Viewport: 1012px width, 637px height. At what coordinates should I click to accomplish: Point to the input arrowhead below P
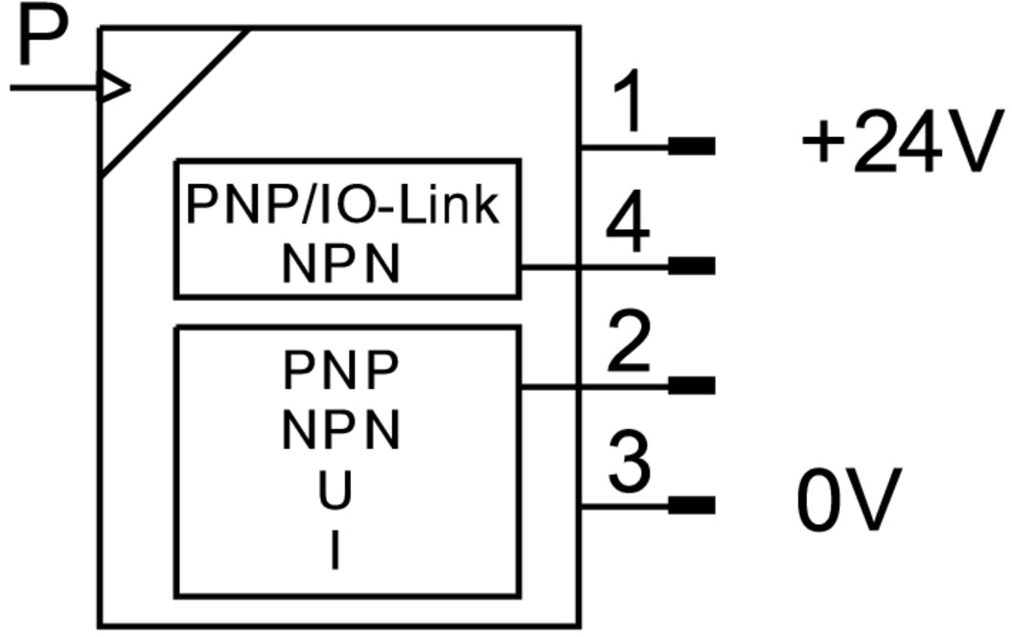pyautogui.click(x=114, y=88)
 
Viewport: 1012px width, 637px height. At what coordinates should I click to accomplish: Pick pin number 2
pyautogui.click(x=629, y=344)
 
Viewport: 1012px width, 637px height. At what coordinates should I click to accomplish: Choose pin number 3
pyautogui.click(x=629, y=463)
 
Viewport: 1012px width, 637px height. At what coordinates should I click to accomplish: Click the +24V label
pyautogui.click(x=896, y=146)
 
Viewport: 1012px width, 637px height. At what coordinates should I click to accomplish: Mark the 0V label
pyautogui.click(x=849, y=500)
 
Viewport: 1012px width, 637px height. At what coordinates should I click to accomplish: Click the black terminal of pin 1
pyautogui.click(x=691, y=146)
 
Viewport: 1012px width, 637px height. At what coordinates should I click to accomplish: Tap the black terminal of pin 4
pyautogui.click(x=691, y=265)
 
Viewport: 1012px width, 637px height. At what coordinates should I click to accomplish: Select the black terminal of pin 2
pyautogui.click(x=691, y=385)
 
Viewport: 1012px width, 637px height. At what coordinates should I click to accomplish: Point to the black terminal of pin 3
pyautogui.click(x=691, y=505)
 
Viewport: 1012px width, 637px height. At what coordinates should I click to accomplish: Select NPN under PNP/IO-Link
pyautogui.click(x=341, y=264)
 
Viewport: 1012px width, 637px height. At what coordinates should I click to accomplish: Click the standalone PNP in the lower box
pyautogui.click(x=340, y=371)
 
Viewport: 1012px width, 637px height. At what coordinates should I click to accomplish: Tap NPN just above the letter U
pyautogui.click(x=340, y=431)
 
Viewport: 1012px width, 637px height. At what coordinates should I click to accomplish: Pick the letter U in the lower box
pyautogui.click(x=335, y=490)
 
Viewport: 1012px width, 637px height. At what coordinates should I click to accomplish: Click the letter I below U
pyautogui.click(x=334, y=551)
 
